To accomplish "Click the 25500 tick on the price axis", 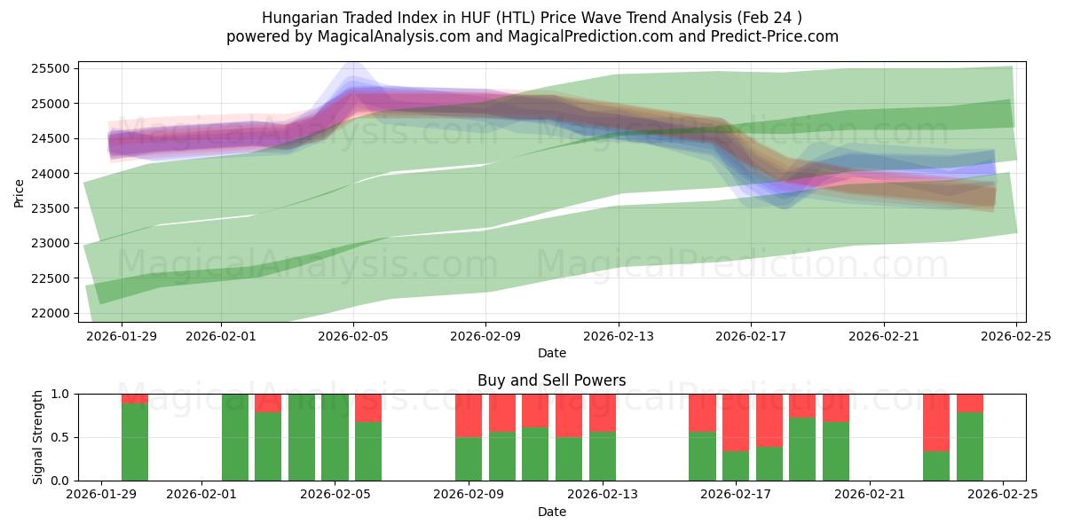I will [x=51, y=69].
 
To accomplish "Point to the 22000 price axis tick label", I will [x=51, y=313].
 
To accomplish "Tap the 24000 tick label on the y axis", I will [x=51, y=174].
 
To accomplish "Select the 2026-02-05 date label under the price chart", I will [x=353, y=337].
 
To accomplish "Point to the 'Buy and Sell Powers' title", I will [x=551, y=380].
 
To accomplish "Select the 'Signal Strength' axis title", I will [x=37, y=436].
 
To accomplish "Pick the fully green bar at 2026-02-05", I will [x=335, y=437].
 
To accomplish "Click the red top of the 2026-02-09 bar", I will [x=469, y=415].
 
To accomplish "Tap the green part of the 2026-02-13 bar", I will [x=603, y=456].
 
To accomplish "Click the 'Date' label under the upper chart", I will [x=551, y=353].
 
